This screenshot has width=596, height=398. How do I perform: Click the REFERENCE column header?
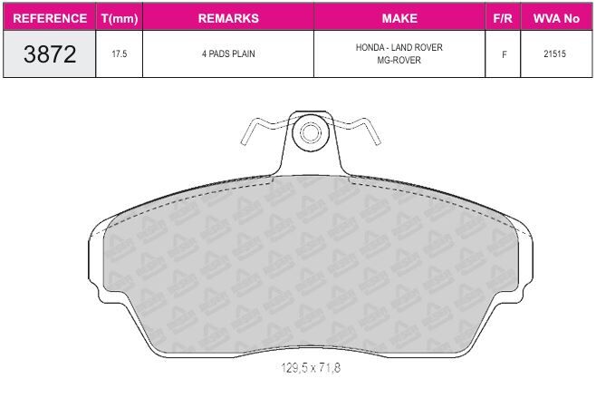coord(50,18)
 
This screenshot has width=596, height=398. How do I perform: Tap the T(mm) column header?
coord(120,19)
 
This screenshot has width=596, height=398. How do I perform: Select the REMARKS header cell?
coord(228,18)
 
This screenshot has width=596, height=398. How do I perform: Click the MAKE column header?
coord(399,18)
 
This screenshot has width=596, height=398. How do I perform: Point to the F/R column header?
coord(503,18)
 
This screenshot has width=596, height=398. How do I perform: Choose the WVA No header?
coord(556,18)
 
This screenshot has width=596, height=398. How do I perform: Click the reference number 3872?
coord(50,53)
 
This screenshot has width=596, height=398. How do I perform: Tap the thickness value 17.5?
coord(120,53)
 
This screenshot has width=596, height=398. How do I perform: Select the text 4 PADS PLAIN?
coord(228,53)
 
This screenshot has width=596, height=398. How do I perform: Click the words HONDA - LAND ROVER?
coord(399,47)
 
